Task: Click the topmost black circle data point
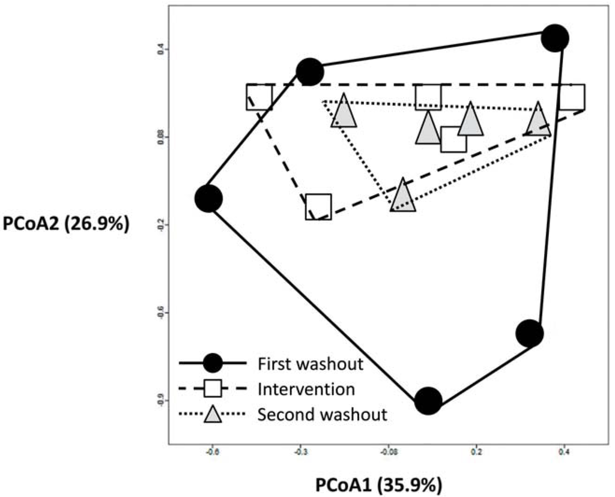tap(555, 38)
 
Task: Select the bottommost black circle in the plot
tap(428, 401)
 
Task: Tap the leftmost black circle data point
tap(209, 198)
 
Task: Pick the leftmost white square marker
tap(259, 97)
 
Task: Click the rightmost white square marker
tap(572, 97)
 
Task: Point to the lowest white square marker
tap(318, 206)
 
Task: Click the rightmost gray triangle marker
tap(538, 120)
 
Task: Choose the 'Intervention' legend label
tap(306, 389)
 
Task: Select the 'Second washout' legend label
tap(322, 414)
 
